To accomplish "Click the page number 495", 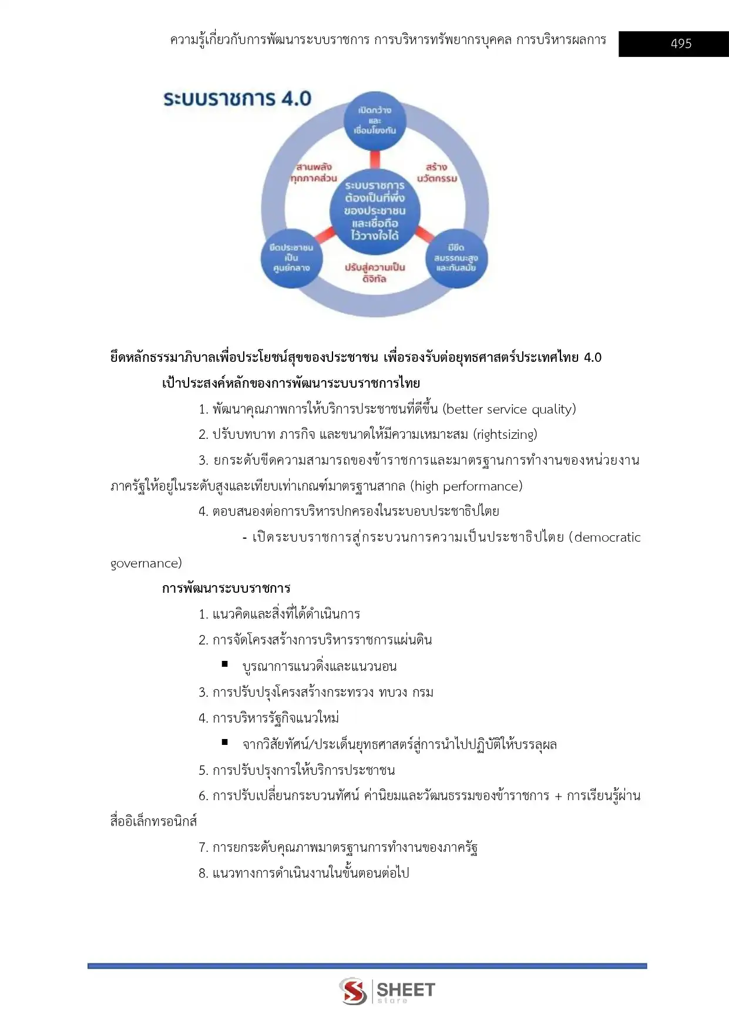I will [681, 43].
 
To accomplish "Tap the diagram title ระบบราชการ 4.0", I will [237, 99].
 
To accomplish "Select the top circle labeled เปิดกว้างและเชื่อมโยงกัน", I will [375, 120].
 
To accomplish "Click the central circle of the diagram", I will [375, 210].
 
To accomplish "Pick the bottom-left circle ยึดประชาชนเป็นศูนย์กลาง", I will [291, 258].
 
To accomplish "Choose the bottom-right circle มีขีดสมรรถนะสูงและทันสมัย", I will [456, 258].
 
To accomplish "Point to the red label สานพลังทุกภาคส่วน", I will [314, 172].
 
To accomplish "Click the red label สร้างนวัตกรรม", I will [437, 172].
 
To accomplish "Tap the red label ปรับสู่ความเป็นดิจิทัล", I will [375, 273].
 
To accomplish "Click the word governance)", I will [146, 563].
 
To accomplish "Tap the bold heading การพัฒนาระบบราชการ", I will [226, 589].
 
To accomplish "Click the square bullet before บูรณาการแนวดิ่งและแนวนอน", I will [225, 664].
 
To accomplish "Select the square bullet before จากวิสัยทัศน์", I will [225, 742].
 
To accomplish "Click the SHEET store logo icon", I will [353, 990].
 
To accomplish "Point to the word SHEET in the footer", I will [406, 989].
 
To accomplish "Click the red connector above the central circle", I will [375, 159].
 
